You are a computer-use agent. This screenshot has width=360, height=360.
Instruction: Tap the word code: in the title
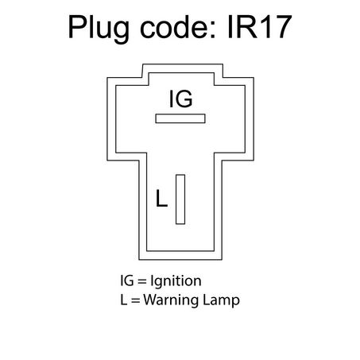click(x=177, y=26)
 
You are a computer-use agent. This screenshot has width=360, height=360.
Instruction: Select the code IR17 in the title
click(x=259, y=27)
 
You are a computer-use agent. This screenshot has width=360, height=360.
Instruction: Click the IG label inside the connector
click(x=180, y=99)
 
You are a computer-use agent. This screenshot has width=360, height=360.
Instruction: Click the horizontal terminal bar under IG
click(x=180, y=118)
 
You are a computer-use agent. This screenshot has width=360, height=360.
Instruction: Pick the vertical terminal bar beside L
click(x=180, y=199)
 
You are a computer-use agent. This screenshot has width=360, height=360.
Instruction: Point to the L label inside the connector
click(x=161, y=198)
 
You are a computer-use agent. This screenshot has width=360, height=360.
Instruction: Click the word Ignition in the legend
click(x=176, y=281)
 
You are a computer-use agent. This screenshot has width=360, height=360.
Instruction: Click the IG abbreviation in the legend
click(x=127, y=281)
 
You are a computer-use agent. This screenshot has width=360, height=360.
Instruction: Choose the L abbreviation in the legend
click(x=123, y=300)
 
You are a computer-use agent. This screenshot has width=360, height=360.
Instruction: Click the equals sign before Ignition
click(x=142, y=281)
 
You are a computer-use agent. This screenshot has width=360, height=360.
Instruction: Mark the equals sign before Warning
click(x=135, y=300)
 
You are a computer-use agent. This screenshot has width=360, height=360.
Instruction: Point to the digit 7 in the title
click(x=282, y=27)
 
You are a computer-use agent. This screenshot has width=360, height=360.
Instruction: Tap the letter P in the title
click(x=78, y=27)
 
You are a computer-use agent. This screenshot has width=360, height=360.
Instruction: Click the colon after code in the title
click(x=211, y=30)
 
